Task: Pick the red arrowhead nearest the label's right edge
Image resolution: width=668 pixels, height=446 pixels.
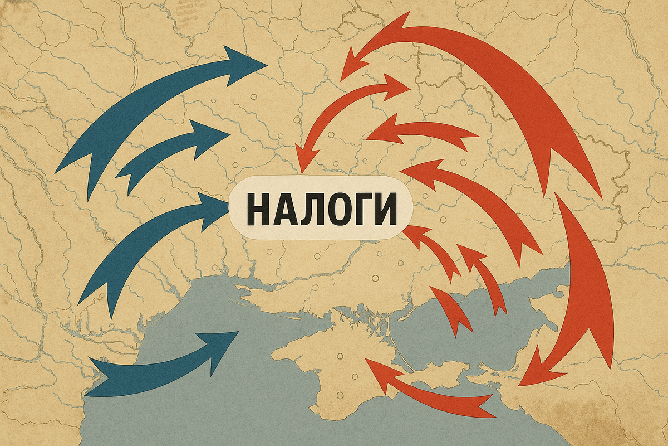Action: [415, 234]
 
